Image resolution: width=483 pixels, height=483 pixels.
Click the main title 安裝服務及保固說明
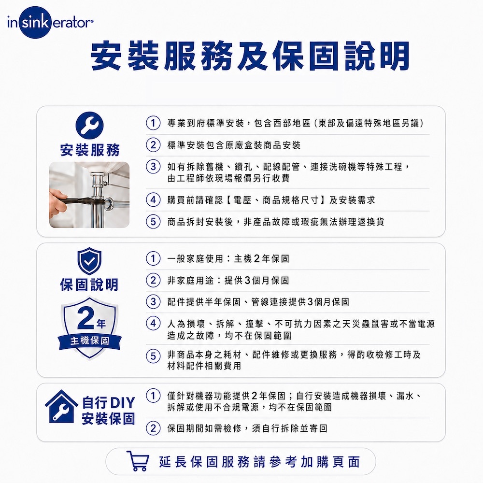250,56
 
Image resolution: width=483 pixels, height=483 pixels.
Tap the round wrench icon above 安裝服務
90,126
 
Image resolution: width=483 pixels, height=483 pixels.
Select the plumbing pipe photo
89,195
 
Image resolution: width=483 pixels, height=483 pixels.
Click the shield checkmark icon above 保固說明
89,261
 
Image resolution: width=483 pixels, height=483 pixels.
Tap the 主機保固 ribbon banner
90,341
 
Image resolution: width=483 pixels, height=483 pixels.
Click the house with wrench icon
62,407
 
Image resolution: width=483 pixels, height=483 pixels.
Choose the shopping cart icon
138,461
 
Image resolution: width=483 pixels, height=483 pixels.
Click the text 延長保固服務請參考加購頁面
259,462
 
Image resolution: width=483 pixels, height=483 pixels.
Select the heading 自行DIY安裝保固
108,411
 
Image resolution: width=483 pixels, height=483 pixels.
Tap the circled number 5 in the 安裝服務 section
153,222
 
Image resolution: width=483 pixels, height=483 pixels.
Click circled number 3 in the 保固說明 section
153,302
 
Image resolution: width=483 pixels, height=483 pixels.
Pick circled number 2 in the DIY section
153,428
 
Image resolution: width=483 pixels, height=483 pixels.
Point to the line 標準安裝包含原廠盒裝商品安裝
234,145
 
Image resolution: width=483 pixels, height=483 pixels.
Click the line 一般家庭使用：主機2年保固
228,258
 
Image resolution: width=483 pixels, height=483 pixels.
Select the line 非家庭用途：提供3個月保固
228,280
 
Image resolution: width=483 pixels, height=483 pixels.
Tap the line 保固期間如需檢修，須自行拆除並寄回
247,428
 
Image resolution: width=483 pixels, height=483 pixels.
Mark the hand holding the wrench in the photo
58,201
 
